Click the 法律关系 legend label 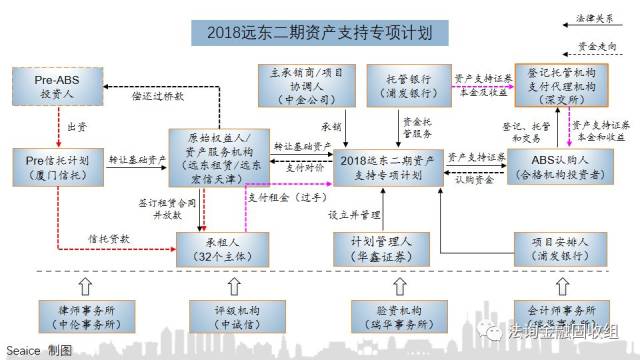point(597,17)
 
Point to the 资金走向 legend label point(597,46)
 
